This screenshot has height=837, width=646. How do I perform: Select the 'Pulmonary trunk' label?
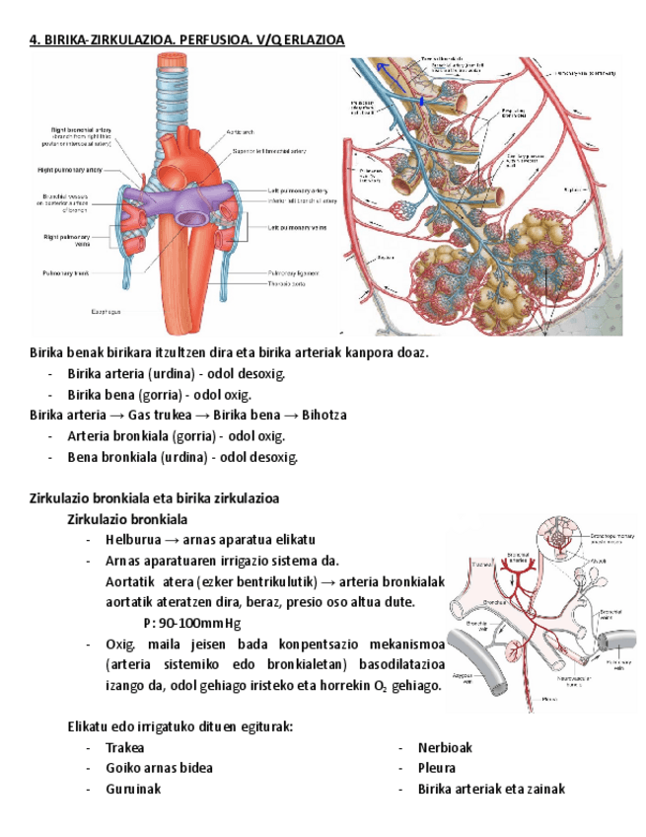[66, 272]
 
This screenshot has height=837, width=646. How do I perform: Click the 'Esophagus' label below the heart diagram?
[107, 311]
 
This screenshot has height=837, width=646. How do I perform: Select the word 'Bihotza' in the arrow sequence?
[324, 416]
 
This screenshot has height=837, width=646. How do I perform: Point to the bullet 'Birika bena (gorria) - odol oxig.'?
[159, 395]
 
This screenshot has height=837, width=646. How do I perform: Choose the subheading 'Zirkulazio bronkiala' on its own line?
[127, 519]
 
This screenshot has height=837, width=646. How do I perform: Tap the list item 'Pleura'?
[436, 768]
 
